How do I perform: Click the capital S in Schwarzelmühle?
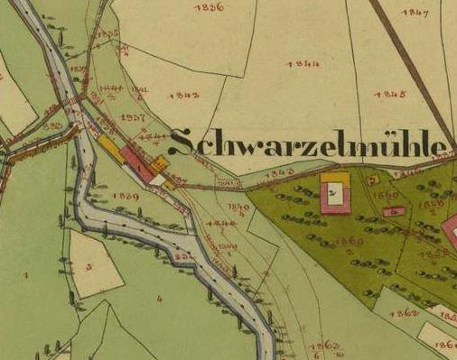(182, 143)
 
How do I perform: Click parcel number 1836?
(209, 7)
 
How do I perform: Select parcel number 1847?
(415, 13)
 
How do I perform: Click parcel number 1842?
(183, 95)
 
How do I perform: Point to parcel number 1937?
(132, 117)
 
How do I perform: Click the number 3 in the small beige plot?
(89, 266)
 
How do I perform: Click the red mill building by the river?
(137, 163)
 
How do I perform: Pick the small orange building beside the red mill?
(160, 162)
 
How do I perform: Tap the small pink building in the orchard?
(392, 211)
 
